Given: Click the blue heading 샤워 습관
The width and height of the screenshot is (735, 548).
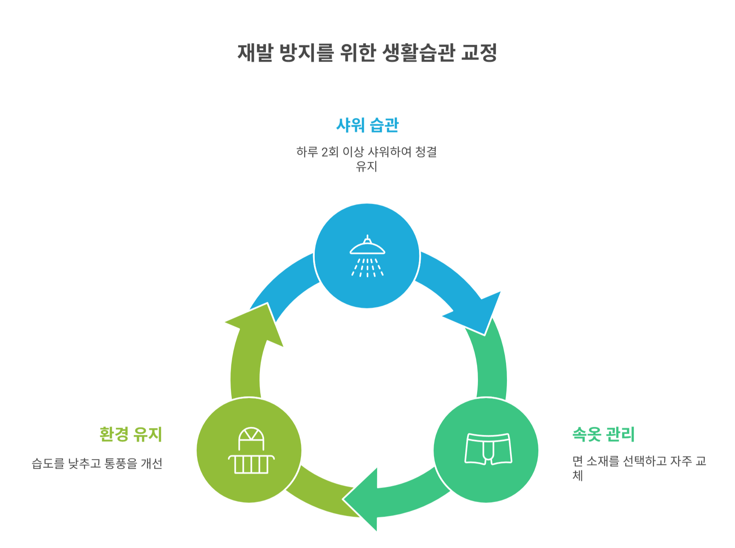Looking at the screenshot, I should [367, 125].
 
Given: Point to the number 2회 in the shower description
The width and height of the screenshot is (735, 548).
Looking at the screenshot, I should [330, 152].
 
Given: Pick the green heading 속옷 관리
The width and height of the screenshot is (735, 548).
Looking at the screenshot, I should [603, 434].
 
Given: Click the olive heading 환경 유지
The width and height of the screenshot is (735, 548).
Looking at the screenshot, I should [131, 434].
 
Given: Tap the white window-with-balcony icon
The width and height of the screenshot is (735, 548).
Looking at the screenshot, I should [251, 451].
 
